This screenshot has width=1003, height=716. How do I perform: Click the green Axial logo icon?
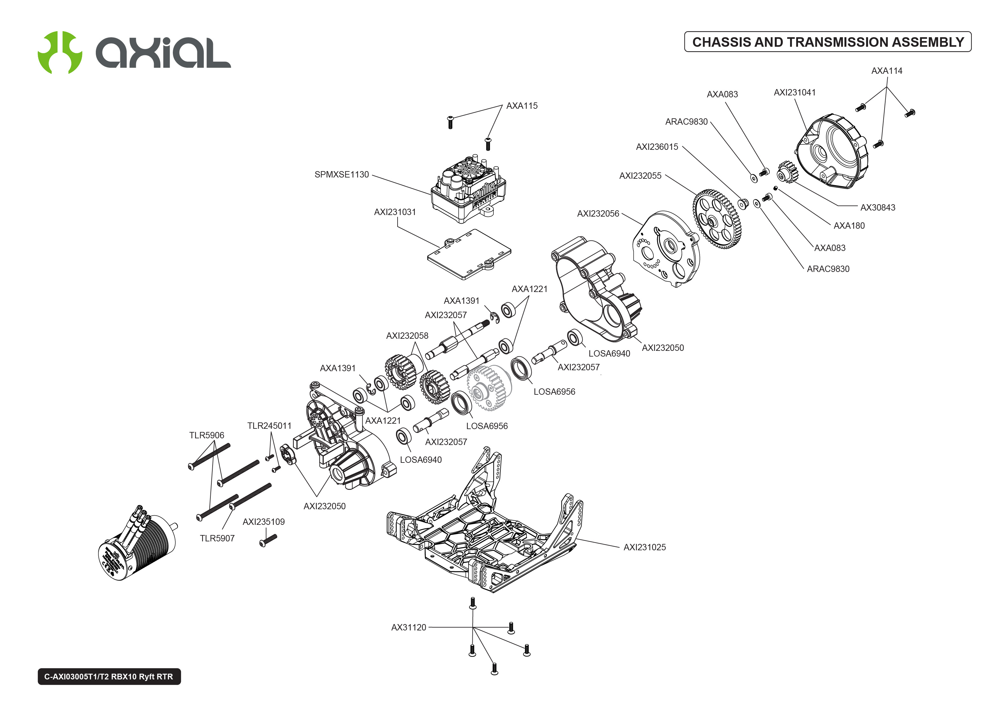pyautogui.click(x=60, y=52)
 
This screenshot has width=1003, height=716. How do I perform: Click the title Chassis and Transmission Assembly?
pyautogui.click(x=828, y=42)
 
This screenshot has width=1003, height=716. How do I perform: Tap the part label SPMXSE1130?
pyautogui.click(x=342, y=175)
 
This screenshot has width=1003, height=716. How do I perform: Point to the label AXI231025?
pyautogui.click(x=644, y=547)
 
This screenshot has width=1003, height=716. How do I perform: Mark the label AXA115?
pyautogui.click(x=522, y=106)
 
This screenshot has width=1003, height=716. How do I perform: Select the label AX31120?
pyautogui.click(x=408, y=627)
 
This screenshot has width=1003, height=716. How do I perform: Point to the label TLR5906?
pyautogui.click(x=206, y=435)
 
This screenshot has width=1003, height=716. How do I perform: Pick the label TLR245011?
pyautogui.click(x=269, y=426)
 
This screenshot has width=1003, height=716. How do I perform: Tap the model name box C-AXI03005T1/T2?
pyautogui.click(x=109, y=676)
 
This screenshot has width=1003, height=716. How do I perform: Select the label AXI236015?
pyautogui.click(x=657, y=147)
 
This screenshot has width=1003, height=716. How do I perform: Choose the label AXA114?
pyautogui.click(x=886, y=71)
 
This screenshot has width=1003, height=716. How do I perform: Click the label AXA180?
pyautogui.click(x=849, y=226)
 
